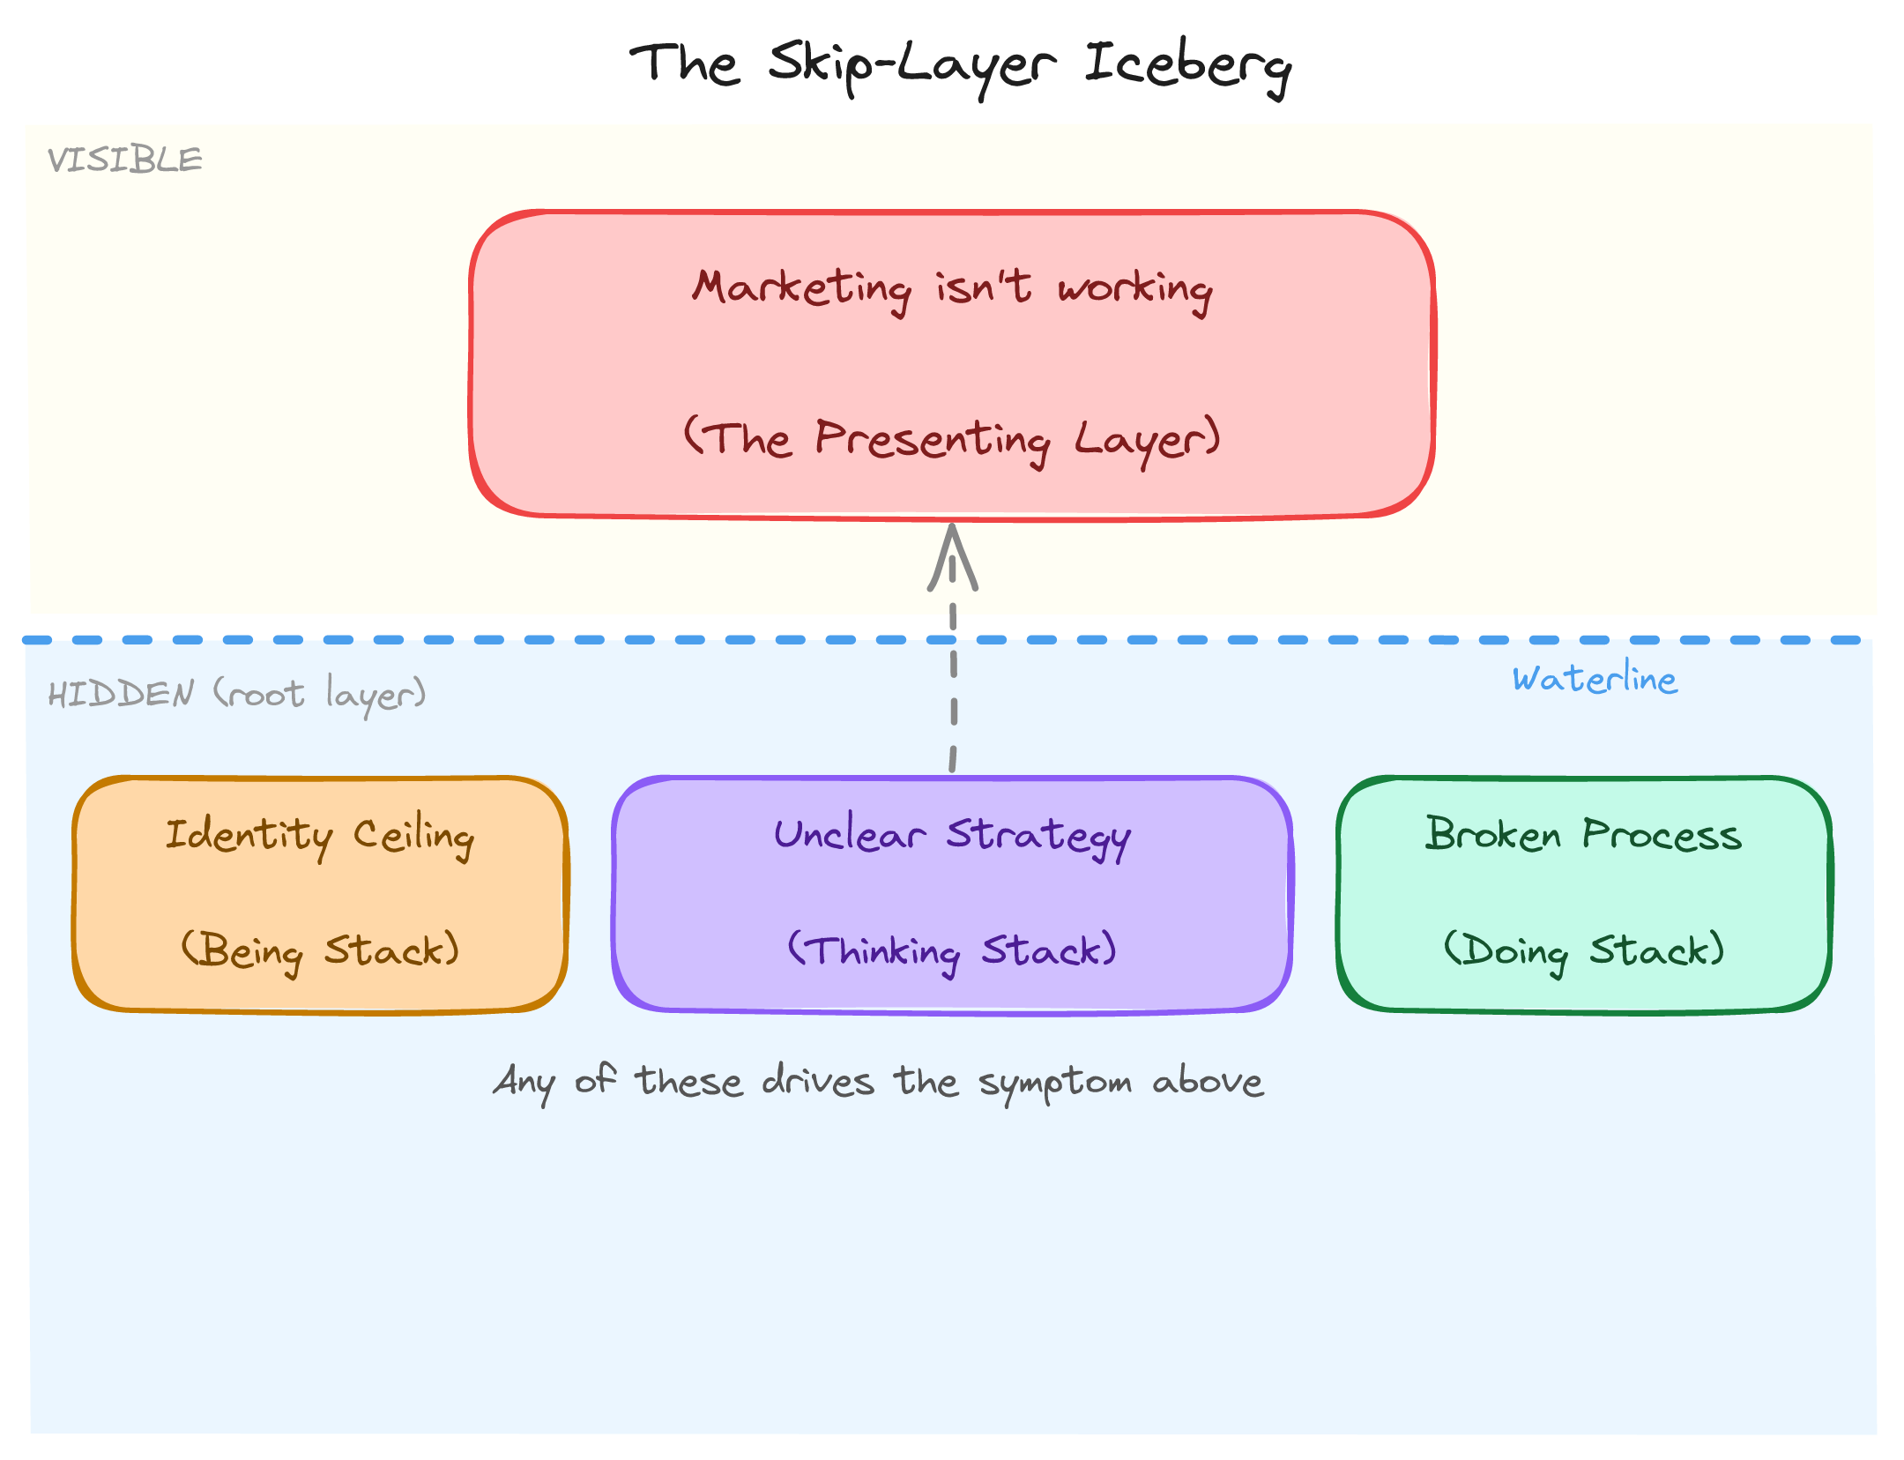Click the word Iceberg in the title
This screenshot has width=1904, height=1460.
(x=1186, y=67)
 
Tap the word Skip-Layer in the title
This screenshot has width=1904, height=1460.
(x=911, y=67)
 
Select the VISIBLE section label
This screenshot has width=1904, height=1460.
(x=125, y=160)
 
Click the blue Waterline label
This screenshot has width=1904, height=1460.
(x=1595, y=680)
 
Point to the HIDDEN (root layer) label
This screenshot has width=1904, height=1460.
(x=236, y=695)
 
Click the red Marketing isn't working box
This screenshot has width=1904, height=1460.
(x=952, y=363)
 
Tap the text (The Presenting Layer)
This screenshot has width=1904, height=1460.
(x=952, y=439)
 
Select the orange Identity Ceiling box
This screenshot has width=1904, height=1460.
(x=320, y=894)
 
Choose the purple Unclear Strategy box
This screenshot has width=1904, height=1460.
(x=952, y=894)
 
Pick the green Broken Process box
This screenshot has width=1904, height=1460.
(x=1584, y=894)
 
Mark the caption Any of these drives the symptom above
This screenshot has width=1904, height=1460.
(x=878, y=1082)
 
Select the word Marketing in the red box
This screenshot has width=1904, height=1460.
(x=801, y=288)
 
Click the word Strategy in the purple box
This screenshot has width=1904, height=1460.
(x=1038, y=836)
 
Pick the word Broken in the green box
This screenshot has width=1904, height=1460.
(x=1492, y=834)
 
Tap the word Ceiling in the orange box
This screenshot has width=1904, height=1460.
(x=413, y=836)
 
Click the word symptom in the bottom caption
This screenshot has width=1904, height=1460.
(x=1055, y=1084)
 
